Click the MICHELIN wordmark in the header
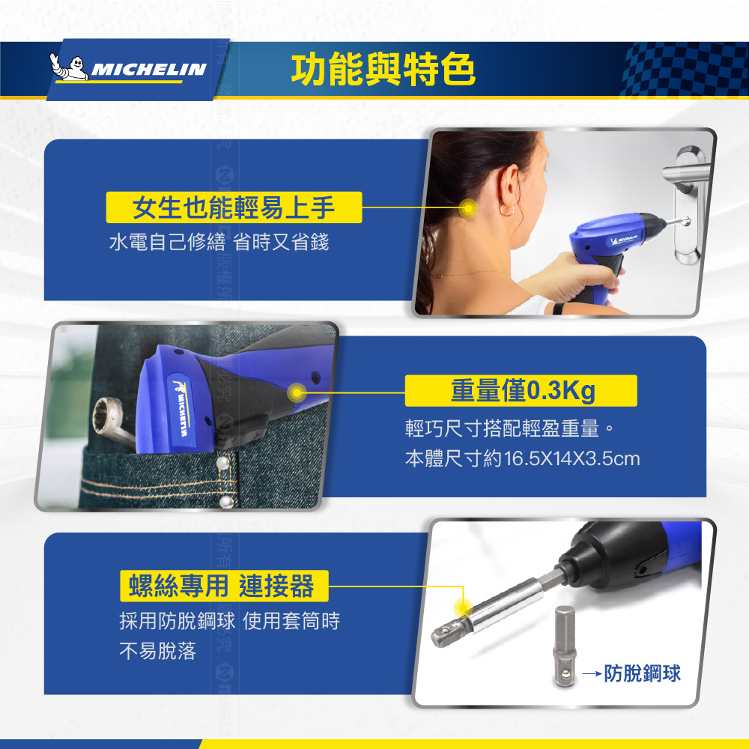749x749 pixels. [149, 70]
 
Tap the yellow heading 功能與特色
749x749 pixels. [383, 70]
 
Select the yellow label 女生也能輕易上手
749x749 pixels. [234, 207]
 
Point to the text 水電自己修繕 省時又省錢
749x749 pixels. [219, 242]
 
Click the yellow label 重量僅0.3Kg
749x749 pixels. [521, 391]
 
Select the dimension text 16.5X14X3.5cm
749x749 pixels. [571, 458]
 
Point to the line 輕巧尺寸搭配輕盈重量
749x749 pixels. [503, 428]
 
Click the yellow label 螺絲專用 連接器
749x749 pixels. [224, 586]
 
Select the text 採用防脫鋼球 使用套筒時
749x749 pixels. [230, 621]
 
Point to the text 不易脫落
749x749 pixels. [157, 651]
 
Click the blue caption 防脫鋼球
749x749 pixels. [643, 673]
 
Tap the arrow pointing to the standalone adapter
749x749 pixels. [592, 674]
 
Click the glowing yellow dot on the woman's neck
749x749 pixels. [468, 207]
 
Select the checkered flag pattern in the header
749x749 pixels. [683, 70]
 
